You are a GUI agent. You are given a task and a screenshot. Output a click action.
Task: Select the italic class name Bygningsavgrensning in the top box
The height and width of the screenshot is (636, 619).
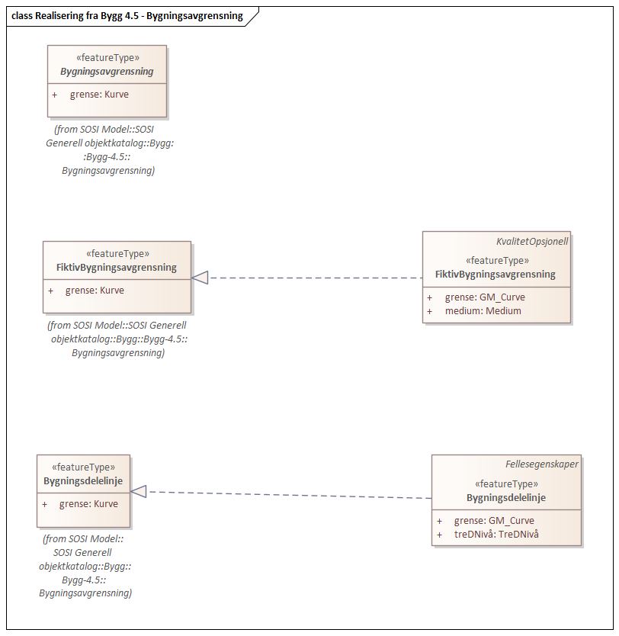click(x=107, y=72)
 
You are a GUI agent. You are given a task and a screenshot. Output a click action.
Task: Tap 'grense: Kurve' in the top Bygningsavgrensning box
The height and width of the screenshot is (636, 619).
click(x=99, y=95)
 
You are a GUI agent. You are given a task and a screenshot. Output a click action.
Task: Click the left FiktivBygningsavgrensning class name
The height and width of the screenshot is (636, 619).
click(x=117, y=268)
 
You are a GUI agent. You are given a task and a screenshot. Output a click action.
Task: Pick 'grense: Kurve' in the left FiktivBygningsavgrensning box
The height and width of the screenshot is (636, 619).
click(x=95, y=291)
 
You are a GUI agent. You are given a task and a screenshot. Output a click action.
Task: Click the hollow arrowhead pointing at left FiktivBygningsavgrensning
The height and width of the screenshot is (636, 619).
click(x=200, y=278)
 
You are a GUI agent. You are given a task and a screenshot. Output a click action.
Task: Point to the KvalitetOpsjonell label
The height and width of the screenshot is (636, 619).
click(x=532, y=241)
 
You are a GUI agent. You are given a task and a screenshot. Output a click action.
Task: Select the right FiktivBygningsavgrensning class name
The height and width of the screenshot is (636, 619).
click(x=496, y=274)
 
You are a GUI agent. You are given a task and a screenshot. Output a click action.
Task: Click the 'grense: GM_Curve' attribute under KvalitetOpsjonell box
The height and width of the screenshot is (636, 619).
click(x=485, y=297)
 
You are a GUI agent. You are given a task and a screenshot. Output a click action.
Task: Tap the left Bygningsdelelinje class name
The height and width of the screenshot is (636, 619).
click(x=83, y=481)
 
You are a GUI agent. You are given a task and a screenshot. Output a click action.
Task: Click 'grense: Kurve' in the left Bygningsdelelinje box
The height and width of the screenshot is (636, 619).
click(x=88, y=504)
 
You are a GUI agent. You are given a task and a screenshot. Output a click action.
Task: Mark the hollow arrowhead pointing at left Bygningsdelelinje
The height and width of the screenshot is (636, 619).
click(x=139, y=492)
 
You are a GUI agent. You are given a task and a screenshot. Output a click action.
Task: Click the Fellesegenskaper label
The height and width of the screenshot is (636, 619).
click(x=542, y=464)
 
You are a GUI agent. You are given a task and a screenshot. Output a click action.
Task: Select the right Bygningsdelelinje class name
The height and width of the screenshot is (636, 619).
click(x=506, y=498)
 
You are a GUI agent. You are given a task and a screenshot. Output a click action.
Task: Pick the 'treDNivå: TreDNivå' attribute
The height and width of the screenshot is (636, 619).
click(x=496, y=534)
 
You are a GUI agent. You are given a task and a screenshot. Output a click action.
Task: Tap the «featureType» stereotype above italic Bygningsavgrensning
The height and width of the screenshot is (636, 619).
click(x=107, y=58)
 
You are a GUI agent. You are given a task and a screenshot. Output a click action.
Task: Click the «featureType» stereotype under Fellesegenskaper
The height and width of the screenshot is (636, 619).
click(x=506, y=484)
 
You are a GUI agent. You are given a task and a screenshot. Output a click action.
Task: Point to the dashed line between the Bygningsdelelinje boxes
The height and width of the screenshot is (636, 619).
click(x=290, y=495)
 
